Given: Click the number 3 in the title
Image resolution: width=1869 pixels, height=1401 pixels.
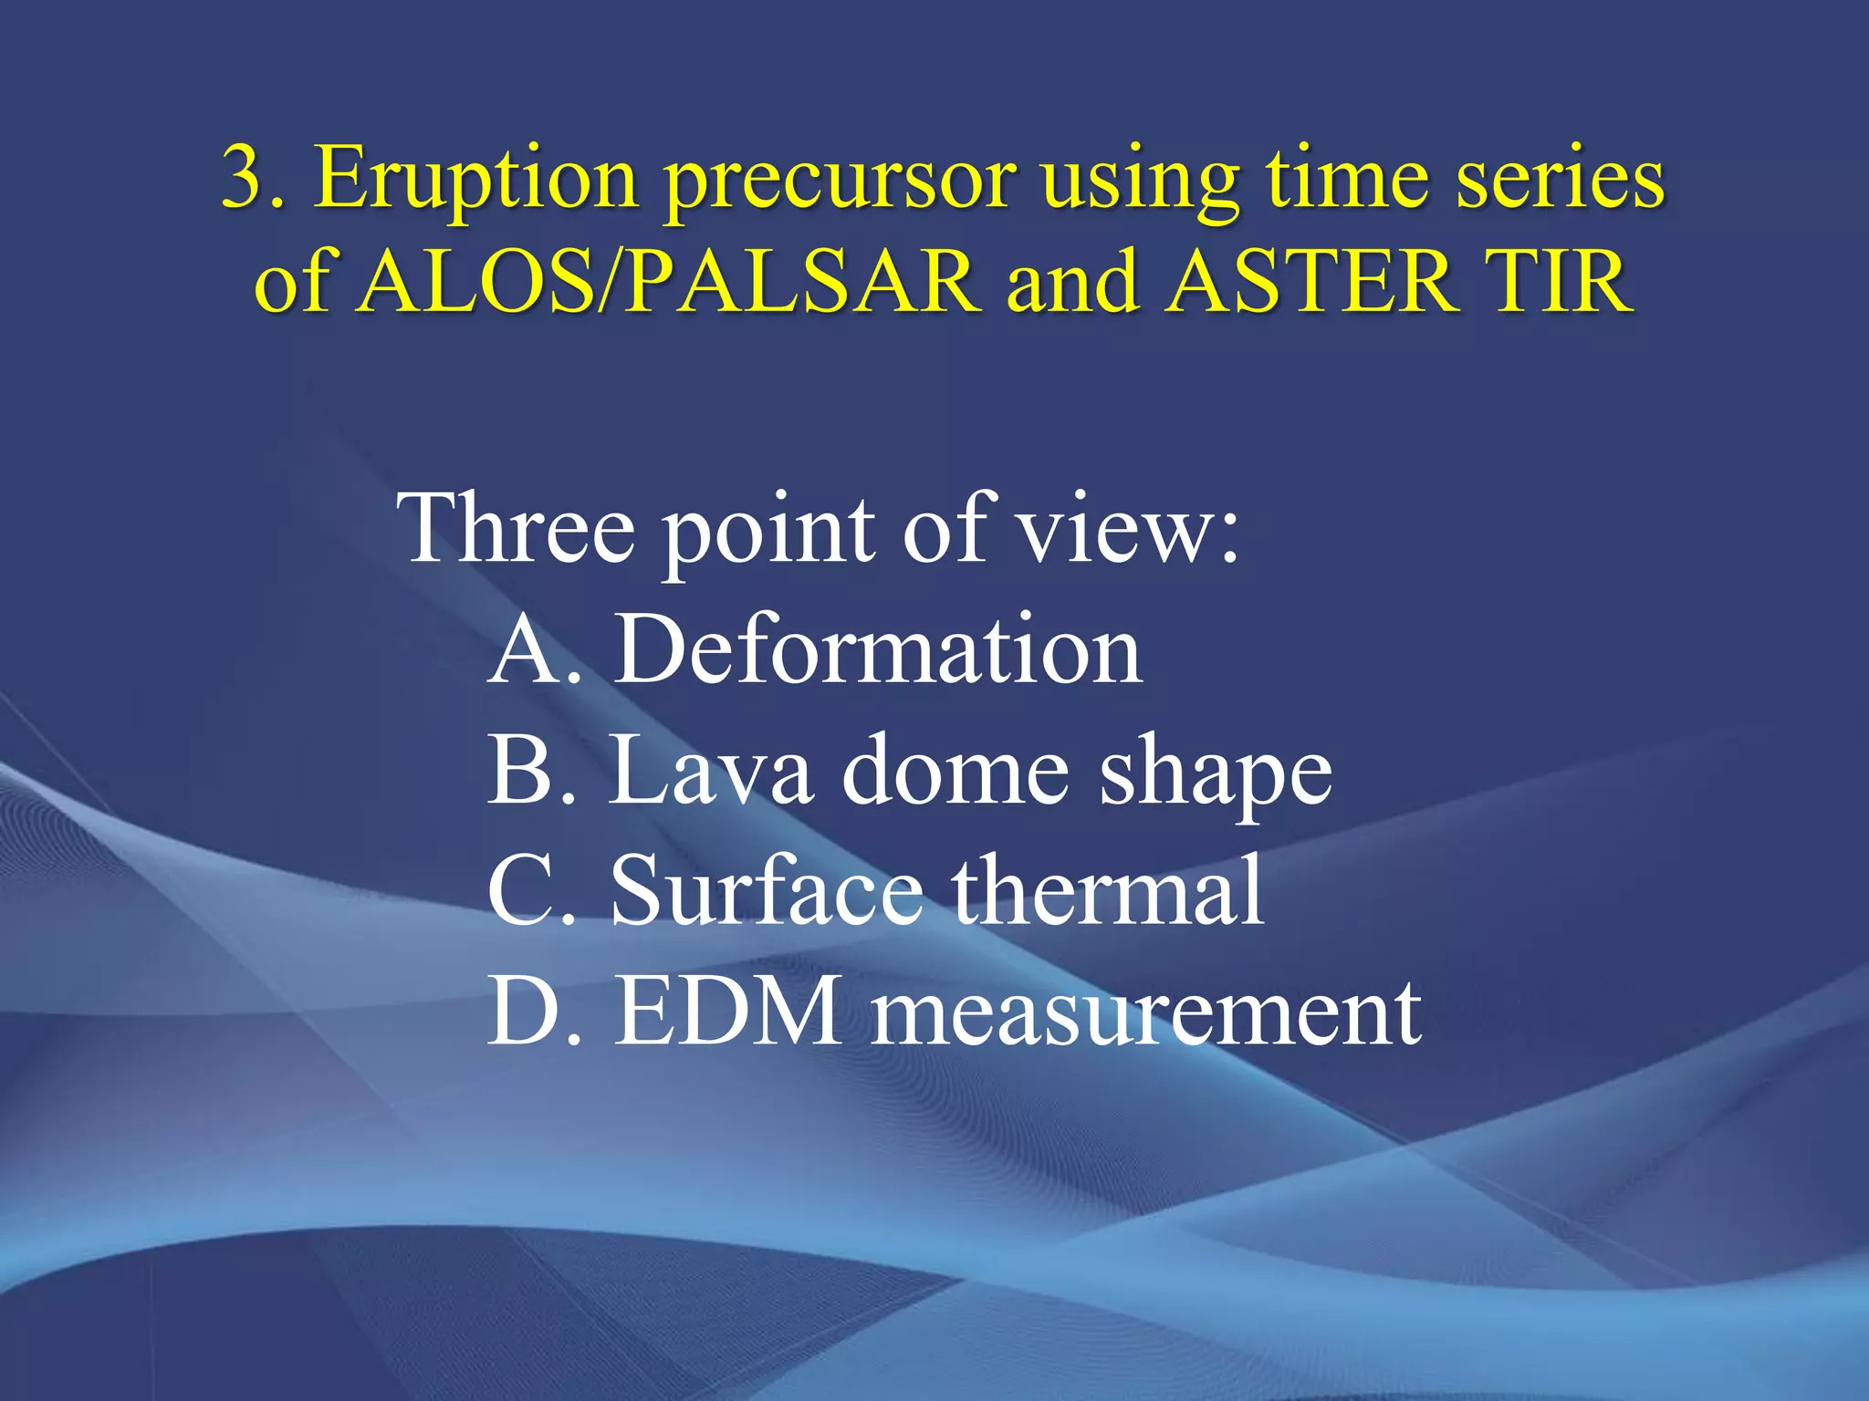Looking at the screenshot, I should (245, 178).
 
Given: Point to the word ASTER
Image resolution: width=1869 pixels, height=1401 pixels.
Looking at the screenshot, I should (1310, 282).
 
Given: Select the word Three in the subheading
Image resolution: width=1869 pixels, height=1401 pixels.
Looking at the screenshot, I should (515, 529).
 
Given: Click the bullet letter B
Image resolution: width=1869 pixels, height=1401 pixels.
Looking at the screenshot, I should (527, 771).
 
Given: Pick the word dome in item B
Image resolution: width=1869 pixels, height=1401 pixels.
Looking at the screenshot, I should (955, 771).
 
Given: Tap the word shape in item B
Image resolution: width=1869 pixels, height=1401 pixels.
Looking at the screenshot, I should (1215, 775).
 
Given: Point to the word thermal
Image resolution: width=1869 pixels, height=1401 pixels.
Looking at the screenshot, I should (1108, 891).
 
